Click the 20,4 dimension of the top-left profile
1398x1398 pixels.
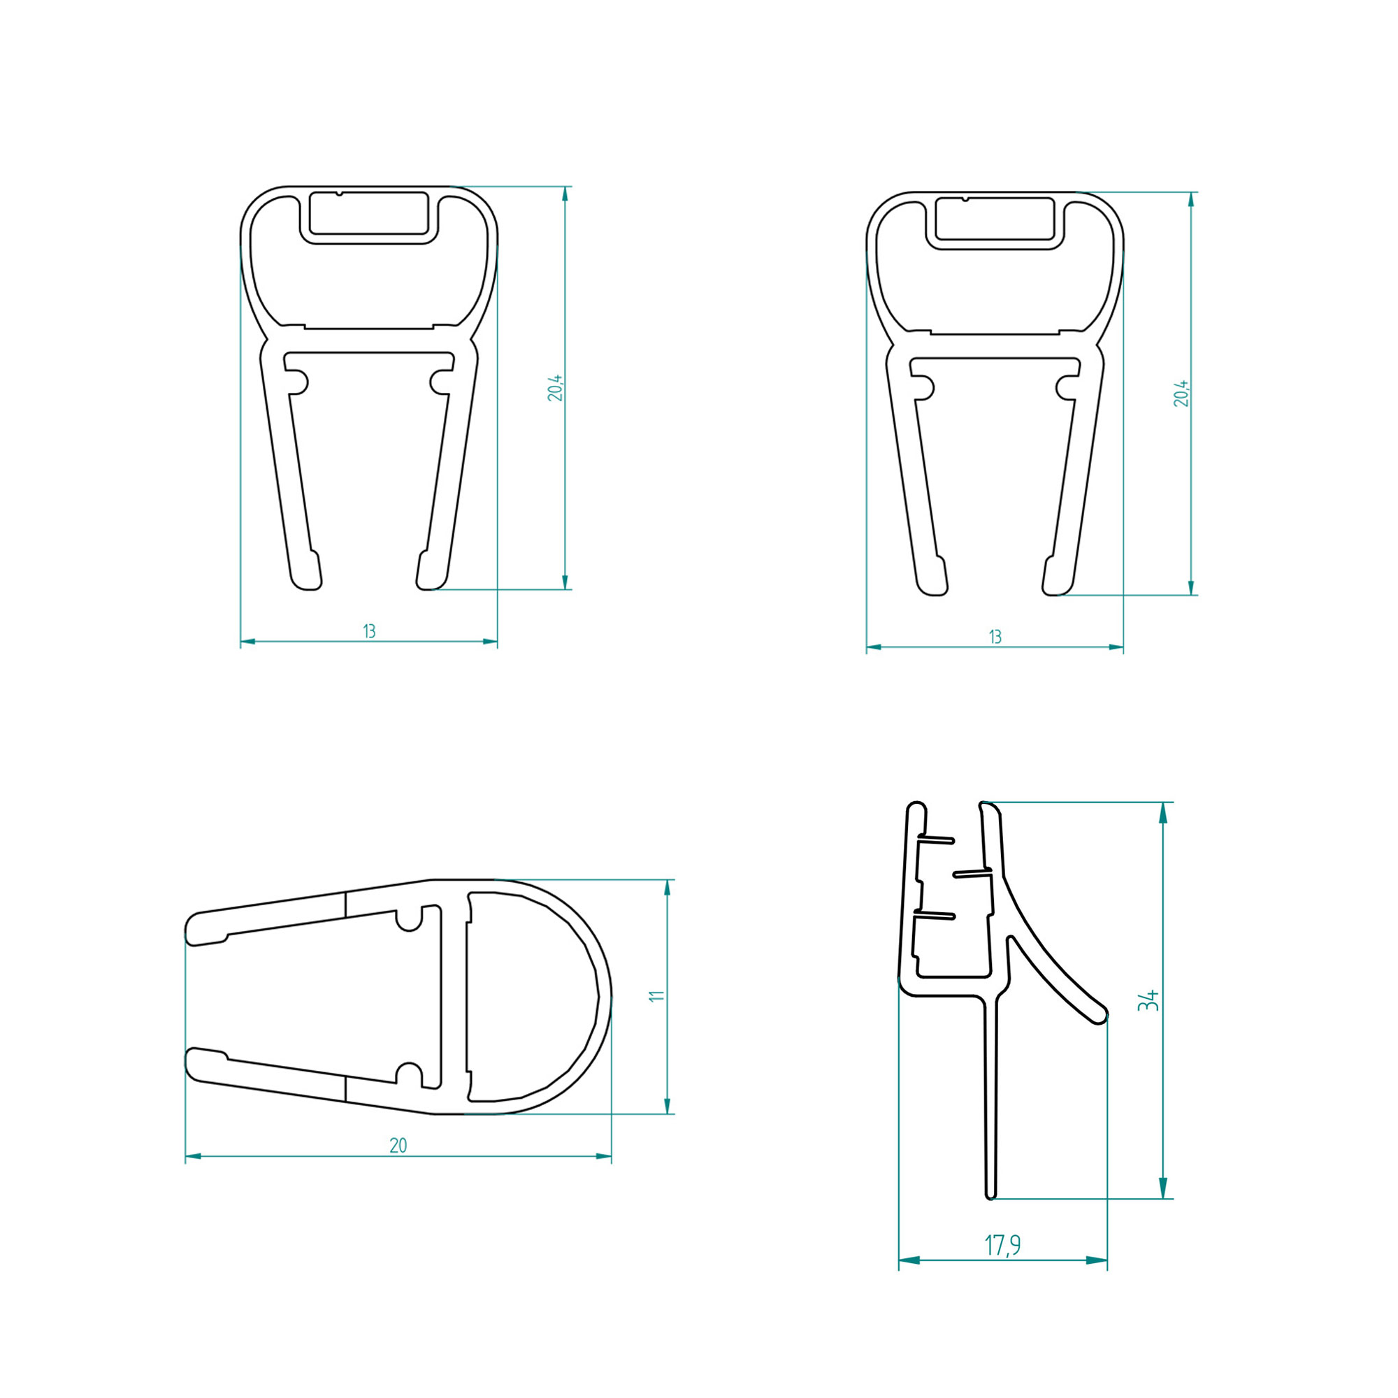[x=555, y=388]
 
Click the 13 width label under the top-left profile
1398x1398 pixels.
[x=369, y=631]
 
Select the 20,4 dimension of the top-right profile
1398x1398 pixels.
[x=1181, y=393]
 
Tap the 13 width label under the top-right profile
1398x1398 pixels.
[x=995, y=637]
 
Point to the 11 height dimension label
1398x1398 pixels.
[x=656, y=996]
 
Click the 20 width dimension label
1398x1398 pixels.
[x=398, y=1146]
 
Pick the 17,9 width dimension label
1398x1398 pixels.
[x=1003, y=1246]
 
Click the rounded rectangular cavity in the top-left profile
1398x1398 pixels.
[x=368, y=213]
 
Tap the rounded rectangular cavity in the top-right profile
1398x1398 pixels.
[x=994, y=219]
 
